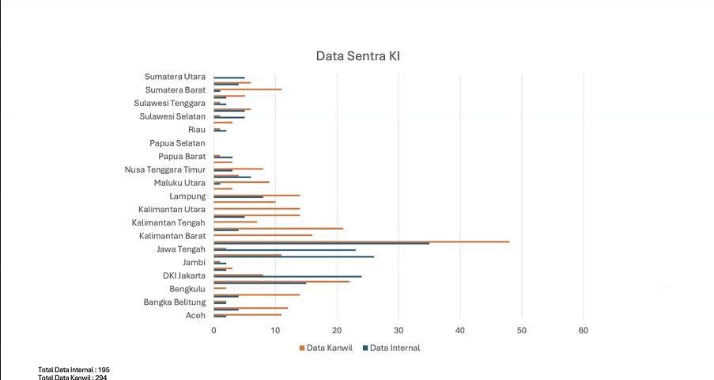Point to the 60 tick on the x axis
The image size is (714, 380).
584,330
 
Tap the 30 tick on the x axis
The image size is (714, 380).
399,330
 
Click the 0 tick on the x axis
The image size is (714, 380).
213,330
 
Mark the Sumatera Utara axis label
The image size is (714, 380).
175,77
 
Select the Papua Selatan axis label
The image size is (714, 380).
177,143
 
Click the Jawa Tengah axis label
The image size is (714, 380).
181,249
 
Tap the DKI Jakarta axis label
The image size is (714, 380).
184,275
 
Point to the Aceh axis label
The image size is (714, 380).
195,315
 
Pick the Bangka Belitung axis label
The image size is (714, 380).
174,302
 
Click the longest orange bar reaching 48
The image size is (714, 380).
361,241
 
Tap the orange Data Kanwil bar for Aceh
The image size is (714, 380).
247,314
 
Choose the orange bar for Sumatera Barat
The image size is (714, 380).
247,89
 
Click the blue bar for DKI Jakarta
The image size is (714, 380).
287,277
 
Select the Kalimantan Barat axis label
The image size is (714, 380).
172,236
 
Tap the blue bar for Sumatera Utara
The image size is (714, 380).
229,78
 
